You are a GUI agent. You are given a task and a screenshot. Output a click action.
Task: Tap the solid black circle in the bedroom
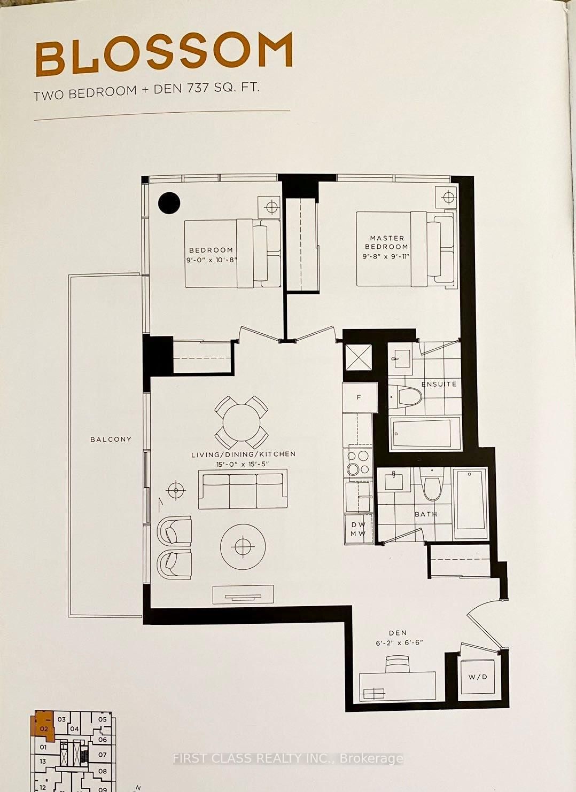point(169,202)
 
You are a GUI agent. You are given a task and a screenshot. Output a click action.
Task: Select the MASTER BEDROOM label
point(386,242)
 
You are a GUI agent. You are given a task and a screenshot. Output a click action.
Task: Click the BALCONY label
point(111,439)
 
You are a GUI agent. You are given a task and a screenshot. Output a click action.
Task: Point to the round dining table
point(242,422)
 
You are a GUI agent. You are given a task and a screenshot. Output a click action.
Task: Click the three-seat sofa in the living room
point(243,489)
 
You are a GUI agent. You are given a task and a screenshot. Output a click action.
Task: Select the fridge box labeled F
point(359,397)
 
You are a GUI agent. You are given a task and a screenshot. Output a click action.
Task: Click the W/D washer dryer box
point(478,677)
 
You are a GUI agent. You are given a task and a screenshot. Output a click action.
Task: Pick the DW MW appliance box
point(358,529)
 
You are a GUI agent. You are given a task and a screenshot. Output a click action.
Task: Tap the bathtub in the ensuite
point(425,434)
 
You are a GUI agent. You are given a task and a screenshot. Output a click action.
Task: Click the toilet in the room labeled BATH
point(431,484)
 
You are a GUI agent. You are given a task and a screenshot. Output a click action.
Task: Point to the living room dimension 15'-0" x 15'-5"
point(244,464)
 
